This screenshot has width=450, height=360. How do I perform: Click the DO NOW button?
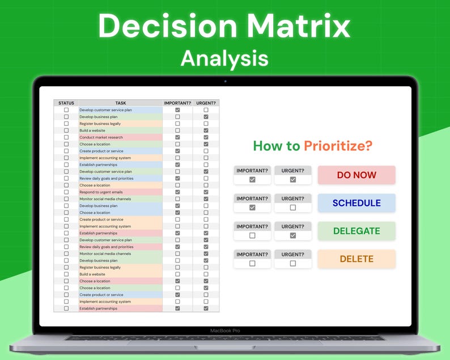(356, 175)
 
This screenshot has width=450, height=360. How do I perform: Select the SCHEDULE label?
(356, 203)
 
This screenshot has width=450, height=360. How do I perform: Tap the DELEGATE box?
(356, 231)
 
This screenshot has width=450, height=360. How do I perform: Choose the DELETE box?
(356, 259)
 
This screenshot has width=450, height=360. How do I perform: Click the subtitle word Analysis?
(224, 58)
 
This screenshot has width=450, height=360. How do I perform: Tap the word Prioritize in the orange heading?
(338, 146)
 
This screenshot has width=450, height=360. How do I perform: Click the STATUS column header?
(66, 103)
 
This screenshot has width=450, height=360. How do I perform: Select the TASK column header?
(121, 103)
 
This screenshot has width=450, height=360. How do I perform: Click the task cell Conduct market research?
(101, 137)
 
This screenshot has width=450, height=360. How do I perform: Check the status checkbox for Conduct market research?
(66, 137)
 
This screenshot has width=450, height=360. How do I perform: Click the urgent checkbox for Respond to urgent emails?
(206, 192)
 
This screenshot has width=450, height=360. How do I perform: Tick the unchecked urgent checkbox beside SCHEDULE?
(292, 207)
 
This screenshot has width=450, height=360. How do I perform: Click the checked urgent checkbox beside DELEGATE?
(292, 235)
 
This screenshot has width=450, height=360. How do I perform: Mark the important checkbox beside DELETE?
(252, 263)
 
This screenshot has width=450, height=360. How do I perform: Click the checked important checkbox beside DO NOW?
(252, 180)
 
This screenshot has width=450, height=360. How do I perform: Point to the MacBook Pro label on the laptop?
(225, 331)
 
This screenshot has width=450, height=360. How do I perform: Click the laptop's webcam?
(225, 81)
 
